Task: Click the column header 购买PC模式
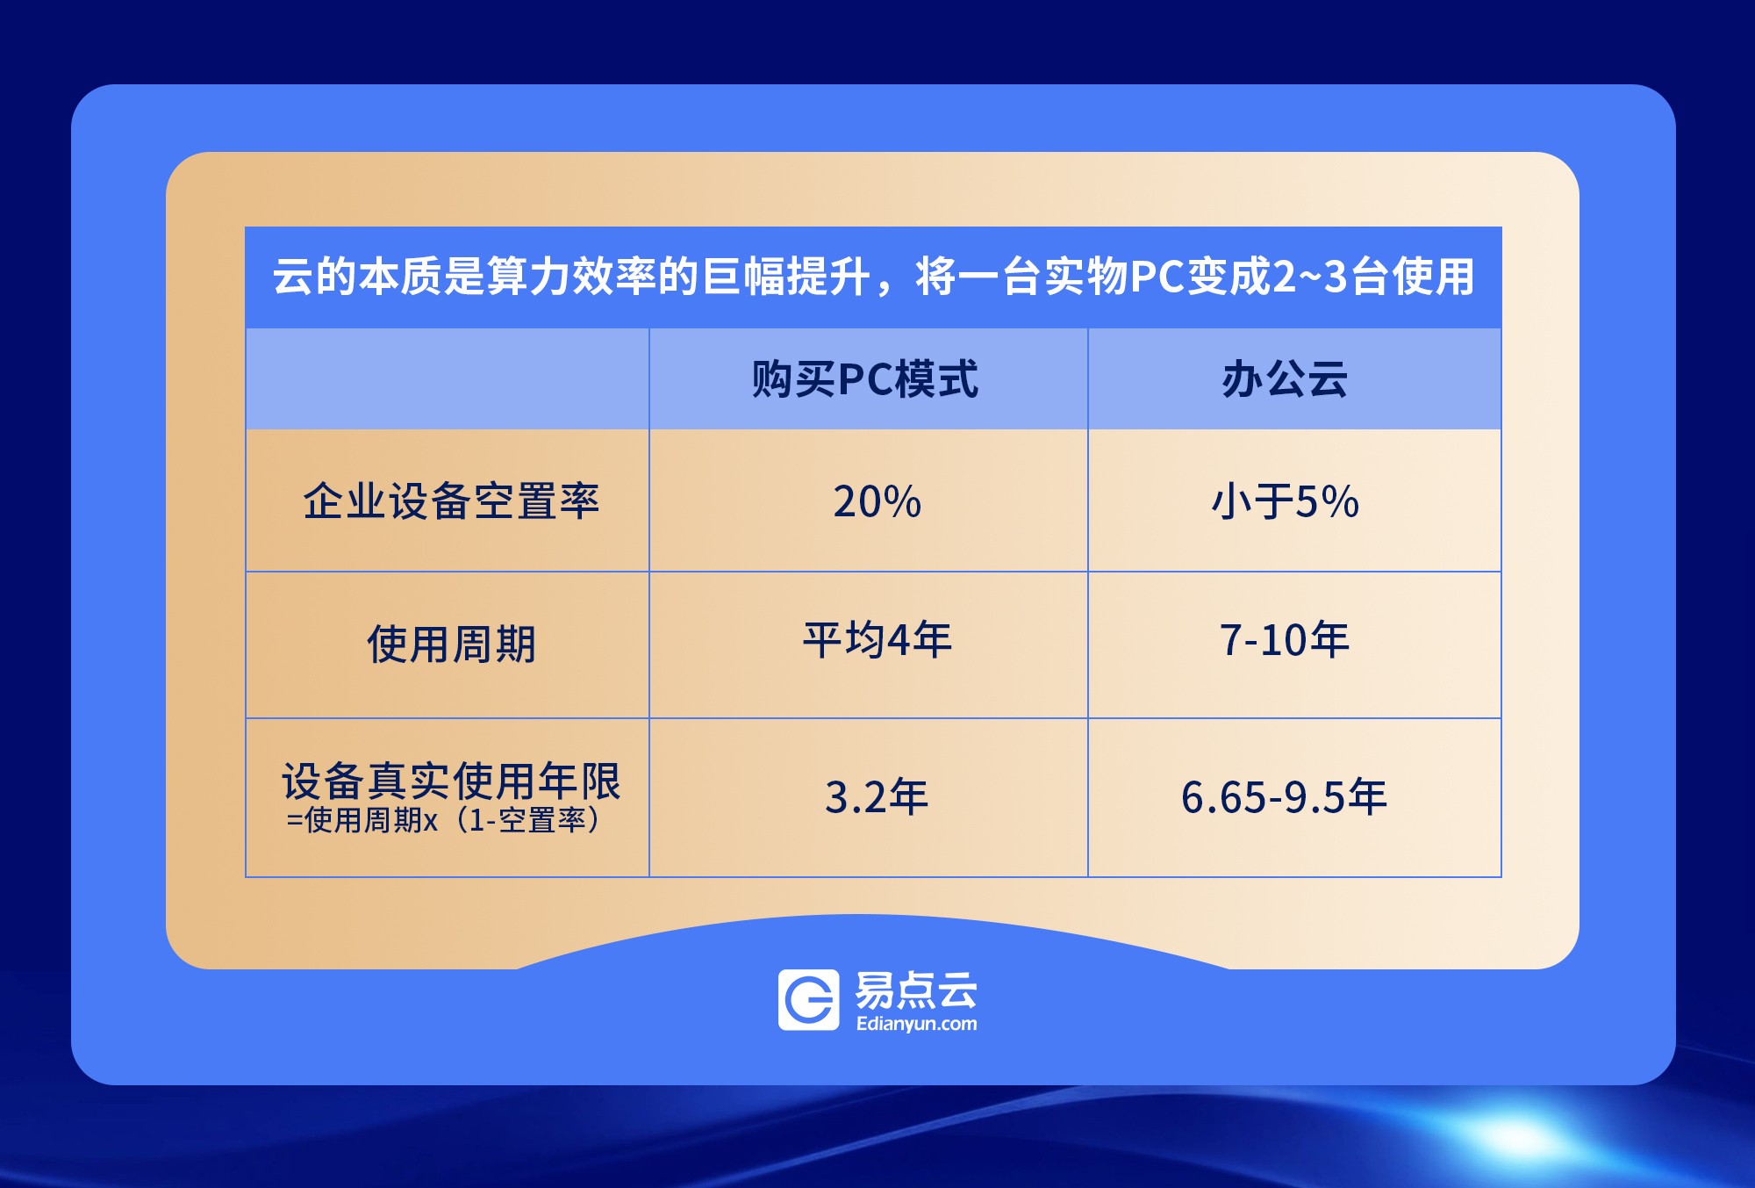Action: pyautogui.click(x=864, y=379)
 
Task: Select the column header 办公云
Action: pyautogui.click(x=1285, y=379)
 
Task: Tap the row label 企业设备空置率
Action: pyautogui.click(x=451, y=501)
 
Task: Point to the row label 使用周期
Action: pyautogui.click(x=451, y=644)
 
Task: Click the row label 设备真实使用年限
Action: pyautogui.click(x=451, y=781)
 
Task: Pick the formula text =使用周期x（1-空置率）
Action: pyautogui.click(x=443, y=820)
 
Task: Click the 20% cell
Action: pyautogui.click(x=877, y=502)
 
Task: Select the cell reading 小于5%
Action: pyautogui.click(x=1285, y=502)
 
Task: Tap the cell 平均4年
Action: pyautogui.click(x=877, y=639)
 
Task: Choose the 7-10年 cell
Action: pyautogui.click(x=1285, y=639)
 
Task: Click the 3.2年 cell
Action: pyautogui.click(x=877, y=797)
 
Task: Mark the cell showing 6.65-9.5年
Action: pyautogui.click(x=1285, y=797)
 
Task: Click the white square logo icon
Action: pyautogui.click(x=808, y=1000)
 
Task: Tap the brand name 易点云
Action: pyautogui.click(x=916, y=990)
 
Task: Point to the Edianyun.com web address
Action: pyautogui.click(x=916, y=1024)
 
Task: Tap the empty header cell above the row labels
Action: pyautogui.click(x=448, y=378)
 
